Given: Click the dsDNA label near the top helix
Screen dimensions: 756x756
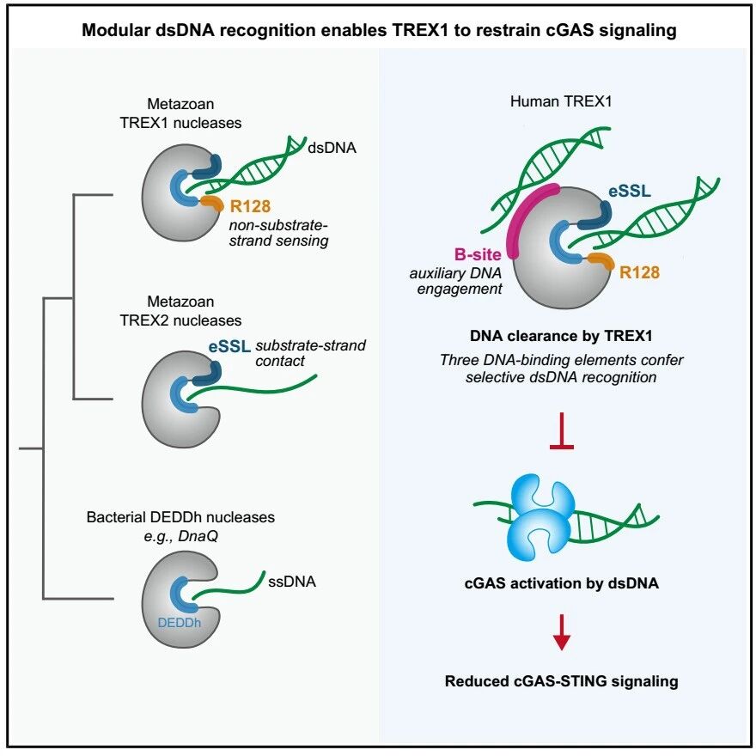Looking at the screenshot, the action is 332,148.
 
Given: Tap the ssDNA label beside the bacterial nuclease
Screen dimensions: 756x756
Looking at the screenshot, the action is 292,582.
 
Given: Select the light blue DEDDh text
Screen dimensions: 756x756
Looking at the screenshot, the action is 179,623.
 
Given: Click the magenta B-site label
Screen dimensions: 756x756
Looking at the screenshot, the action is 478,254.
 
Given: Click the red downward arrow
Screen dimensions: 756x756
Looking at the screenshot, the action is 562,632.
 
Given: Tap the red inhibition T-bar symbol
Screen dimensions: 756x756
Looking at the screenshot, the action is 562,430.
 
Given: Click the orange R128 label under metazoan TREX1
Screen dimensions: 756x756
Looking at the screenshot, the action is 250,206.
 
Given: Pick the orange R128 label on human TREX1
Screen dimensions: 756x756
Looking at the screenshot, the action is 639,272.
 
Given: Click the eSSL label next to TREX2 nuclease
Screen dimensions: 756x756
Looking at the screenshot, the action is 229,346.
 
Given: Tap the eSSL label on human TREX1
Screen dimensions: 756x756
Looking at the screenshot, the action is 630,191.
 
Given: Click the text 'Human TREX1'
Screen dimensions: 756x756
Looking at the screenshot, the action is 561,101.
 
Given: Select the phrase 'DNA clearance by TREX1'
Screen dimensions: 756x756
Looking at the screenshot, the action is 561,336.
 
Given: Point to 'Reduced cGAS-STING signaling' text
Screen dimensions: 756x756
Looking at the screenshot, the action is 561,680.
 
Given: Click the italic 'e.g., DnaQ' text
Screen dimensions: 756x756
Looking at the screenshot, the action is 180,536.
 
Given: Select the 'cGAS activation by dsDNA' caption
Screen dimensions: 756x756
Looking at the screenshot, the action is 561,583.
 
